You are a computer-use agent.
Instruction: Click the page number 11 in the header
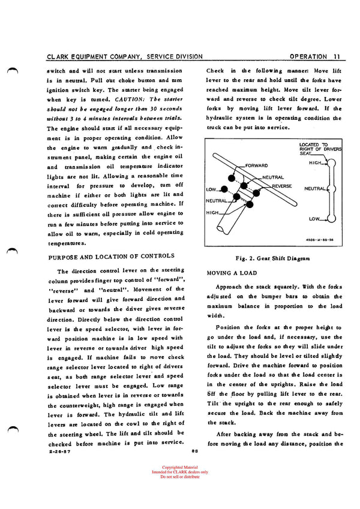point(337,57)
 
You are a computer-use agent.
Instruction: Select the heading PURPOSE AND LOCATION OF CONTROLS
point(110,256)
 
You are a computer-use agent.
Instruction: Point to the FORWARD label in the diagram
point(256,165)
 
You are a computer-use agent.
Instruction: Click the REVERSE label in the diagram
point(280,186)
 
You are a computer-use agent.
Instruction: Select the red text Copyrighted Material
point(179,467)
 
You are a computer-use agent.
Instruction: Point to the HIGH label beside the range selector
point(316,162)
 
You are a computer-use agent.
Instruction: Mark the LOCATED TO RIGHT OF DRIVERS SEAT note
point(319,147)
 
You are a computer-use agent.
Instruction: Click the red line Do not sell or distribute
point(179,477)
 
